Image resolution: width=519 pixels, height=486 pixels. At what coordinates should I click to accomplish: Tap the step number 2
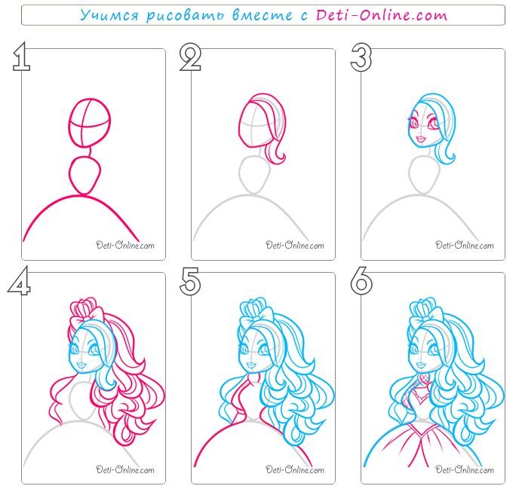pyautogui.click(x=190, y=57)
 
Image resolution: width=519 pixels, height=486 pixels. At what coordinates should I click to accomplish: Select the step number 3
pyautogui.click(x=361, y=57)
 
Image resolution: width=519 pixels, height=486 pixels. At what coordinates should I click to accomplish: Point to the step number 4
pyautogui.click(x=20, y=280)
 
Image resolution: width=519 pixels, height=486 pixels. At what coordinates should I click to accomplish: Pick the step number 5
pyautogui.click(x=190, y=281)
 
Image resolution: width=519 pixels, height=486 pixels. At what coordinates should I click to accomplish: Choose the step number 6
pyautogui.click(x=361, y=281)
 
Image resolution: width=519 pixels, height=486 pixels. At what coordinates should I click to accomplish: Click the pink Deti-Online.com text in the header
pyautogui.click(x=382, y=15)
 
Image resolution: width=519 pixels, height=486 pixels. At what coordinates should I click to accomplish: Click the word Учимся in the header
pyautogui.click(x=109, y=15)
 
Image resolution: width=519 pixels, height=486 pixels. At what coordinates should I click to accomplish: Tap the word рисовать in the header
pyautogui.click(x=186, y=16)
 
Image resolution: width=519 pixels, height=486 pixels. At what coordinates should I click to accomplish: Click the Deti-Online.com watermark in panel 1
pyautogui.click(x=125, y=245)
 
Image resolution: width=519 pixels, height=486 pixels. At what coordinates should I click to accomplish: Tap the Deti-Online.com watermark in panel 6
pyautogui.click(x=465, y=469)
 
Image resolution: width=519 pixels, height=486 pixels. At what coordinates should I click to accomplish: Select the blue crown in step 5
pyautogui.click(x=250, y=308)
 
